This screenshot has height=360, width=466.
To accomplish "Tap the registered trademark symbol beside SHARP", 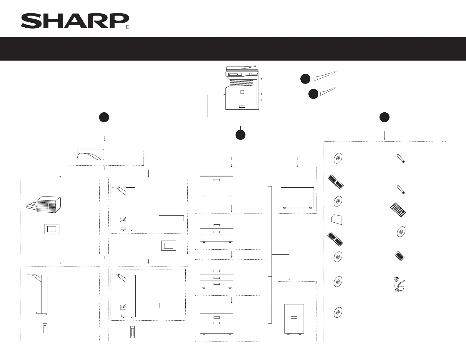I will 127,27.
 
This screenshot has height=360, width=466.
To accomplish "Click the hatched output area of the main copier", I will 241,82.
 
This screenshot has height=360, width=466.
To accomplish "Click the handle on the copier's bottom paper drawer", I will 242,106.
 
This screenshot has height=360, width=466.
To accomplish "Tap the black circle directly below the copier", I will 240,135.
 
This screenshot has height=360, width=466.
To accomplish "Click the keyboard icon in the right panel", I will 398,209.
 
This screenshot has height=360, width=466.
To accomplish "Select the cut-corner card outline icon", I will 337,219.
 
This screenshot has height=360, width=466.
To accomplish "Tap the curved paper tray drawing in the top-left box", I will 90,154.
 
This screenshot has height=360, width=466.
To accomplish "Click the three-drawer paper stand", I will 217,277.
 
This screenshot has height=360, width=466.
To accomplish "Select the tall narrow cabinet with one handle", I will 294,319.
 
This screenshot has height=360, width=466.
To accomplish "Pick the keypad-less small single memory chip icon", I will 400,256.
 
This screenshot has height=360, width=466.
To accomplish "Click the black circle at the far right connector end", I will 385,117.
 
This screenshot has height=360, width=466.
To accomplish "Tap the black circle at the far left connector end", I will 104,117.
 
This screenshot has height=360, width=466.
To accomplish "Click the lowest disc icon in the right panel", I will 338,312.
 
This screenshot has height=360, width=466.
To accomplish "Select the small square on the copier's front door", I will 242,92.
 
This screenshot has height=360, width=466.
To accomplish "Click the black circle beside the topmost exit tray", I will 305,79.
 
